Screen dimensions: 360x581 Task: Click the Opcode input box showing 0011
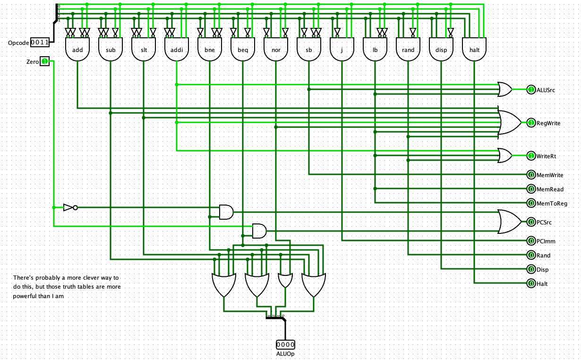[x=40, y=43]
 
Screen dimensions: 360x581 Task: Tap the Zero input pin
[x=44, y=61]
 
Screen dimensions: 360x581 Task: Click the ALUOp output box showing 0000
[x=285, y=344]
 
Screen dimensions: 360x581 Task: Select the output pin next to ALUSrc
[x=531, y=90]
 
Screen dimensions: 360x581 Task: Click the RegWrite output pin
[x=531, y=123]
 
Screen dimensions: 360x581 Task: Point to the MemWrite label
[x=550, y=175]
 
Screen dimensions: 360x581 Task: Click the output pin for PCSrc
[x=531, y=222]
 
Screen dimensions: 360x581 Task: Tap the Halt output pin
[x=531, y=283]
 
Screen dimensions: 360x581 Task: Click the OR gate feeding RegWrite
[x=509, y=123]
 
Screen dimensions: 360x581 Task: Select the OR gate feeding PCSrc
[x=509, y=222]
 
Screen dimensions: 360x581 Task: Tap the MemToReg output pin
[x=531, y=203]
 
